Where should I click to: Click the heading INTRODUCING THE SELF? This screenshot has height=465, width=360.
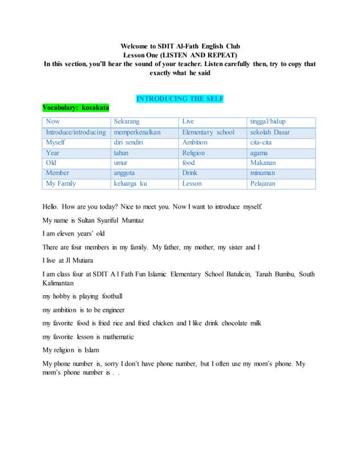tap(180, 98)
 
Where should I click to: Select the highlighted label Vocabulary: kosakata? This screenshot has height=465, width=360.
tap(76, 108)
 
